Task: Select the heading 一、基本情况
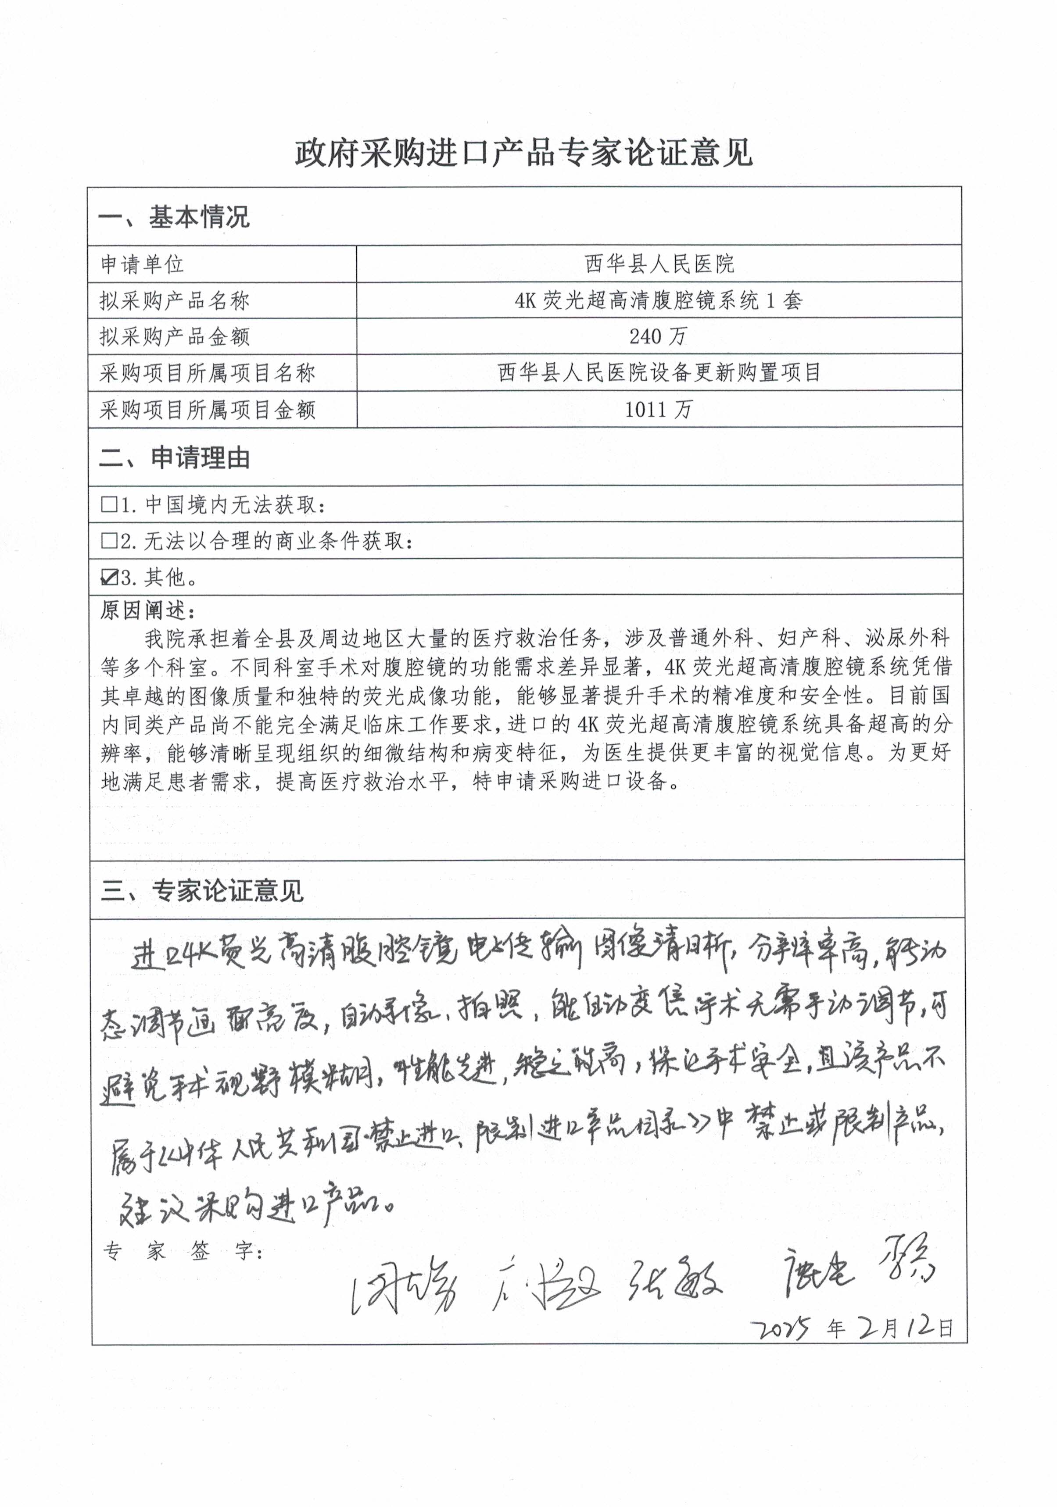point(174,217)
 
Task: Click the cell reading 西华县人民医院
point(659,264)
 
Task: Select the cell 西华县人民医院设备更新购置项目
point(659,373)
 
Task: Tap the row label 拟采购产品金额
point(175,337)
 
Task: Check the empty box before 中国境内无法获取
point(108,505)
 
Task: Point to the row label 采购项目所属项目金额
point(208,410)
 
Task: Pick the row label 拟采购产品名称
point(175,301)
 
